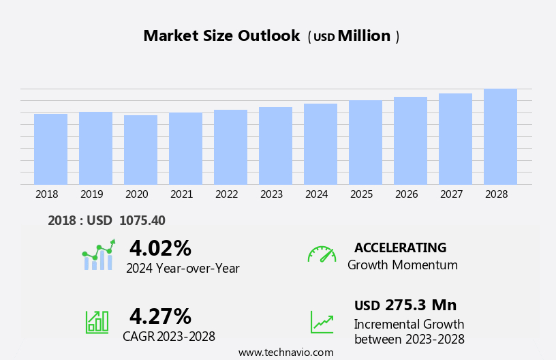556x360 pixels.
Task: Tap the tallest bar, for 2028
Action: click(x=500, y=136)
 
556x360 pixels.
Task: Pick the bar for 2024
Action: click(x=320, y=144)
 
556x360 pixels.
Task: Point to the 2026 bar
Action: click(x=410, y=140)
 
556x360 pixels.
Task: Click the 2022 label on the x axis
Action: click(x=226, y=194)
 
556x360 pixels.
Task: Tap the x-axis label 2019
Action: click(x=91, y=194)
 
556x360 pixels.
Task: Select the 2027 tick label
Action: click(x=451, y=194)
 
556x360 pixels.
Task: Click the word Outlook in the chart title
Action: click(x=268, y=36)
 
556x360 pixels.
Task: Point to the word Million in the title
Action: click(x=364, y=36)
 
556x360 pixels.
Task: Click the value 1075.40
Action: click(x=142, y=221)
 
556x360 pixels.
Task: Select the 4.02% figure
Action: click(x=160, y=248)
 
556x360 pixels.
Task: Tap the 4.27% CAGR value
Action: click(x=160, y=316)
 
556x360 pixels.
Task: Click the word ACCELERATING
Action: click(x=400, y=248)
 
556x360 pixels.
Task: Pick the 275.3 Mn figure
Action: click(x=420, y=305)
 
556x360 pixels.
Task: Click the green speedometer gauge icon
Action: click(x=322, y=254)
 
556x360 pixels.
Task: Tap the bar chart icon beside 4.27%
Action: click(x=97, y=321)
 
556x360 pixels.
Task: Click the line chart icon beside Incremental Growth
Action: click(x=322, y=322)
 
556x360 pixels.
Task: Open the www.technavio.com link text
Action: click(x=285, y=352)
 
